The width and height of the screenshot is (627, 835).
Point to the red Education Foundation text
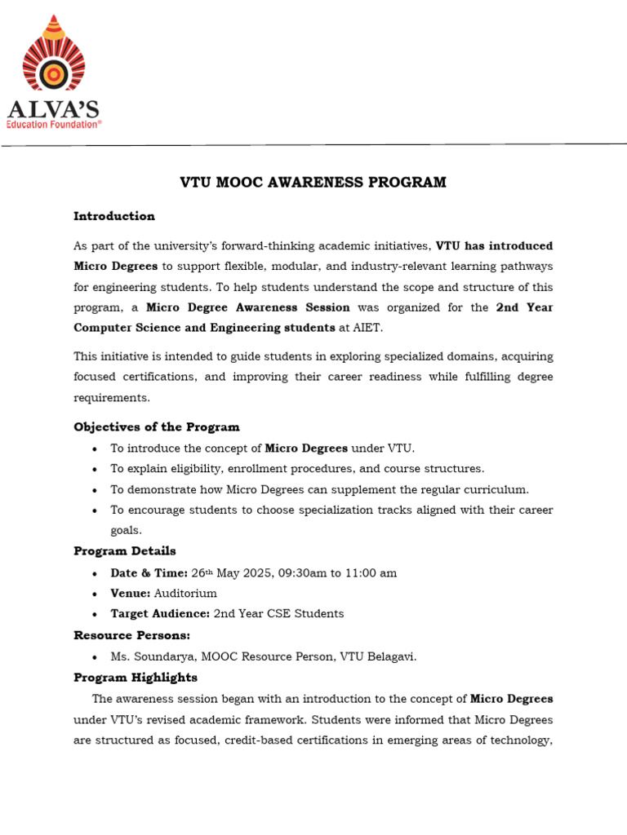point(55,124)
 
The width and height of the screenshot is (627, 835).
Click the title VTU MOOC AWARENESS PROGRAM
point(313,183)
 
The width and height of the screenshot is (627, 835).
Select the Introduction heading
point(114,216)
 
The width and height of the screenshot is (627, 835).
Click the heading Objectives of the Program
point(157,427)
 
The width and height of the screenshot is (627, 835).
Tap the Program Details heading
point(125,551)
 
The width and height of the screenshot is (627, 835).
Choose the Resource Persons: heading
point(131,635)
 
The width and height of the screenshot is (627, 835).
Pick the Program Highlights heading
point(136,678)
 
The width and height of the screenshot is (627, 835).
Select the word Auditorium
point(185,594)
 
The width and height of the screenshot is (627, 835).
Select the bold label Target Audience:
point(160,614)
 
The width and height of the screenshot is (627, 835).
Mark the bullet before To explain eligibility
point(96,470)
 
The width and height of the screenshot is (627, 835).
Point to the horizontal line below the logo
point(313,145)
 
